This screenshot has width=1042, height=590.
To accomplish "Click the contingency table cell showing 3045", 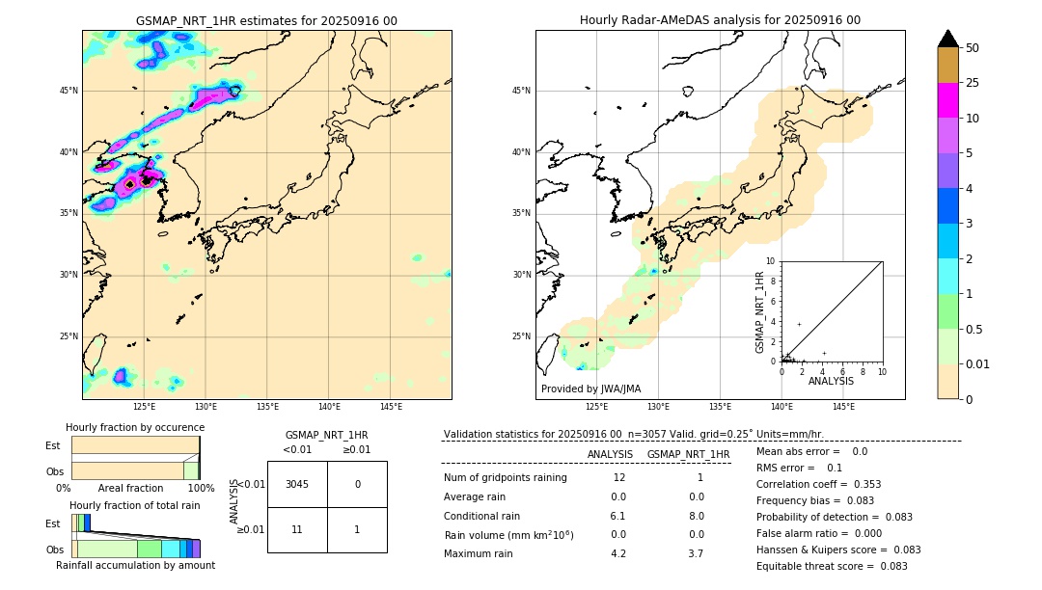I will pyautogui.click(x=297, y=484).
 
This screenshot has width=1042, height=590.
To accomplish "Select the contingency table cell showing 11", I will pyautogui.click(x=297, y=529).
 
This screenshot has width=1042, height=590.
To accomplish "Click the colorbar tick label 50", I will pyautogui.click(x=973, y=48).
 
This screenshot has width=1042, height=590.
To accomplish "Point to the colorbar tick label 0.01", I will pyautogui.click(x=978, y=364).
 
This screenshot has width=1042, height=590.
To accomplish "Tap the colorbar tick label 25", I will pyautogui.click(x=973, y=83).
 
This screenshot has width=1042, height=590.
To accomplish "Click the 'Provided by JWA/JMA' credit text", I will pyautogui.click(x=590, y=389).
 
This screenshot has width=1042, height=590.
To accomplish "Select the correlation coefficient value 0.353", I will pyautogui.click(x=861, y=485).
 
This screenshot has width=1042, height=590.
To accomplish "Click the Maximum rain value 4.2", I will pyautogui.click(x=618, y=554).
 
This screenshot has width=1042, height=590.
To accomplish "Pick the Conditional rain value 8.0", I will pyautogui.click(x=696, y=516).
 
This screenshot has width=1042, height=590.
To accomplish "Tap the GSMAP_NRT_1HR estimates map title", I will pyautogui.click(x=266, y=20).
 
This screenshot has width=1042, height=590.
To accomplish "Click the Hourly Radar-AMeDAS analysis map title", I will pyautogui.click(x=720, y=20).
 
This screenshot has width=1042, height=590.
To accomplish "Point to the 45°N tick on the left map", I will pyautogui.click(x=69, y=91).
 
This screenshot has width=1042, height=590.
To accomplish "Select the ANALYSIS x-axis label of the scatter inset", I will pyautogui.click(x=831, y=382).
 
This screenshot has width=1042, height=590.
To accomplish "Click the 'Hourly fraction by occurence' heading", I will pyautogui.click(x=135, y=428).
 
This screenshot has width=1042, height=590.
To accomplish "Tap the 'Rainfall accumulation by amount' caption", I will pyautogui.click(x=135, y=566).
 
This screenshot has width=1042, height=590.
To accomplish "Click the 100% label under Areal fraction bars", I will pyautogui.click(x=201, y=489).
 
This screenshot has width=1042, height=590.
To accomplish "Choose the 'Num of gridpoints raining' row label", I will pyautogui.click(x=505, y=478).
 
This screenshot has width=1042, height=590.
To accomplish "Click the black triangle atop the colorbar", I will pyautogui.click(x=948, y=39).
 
